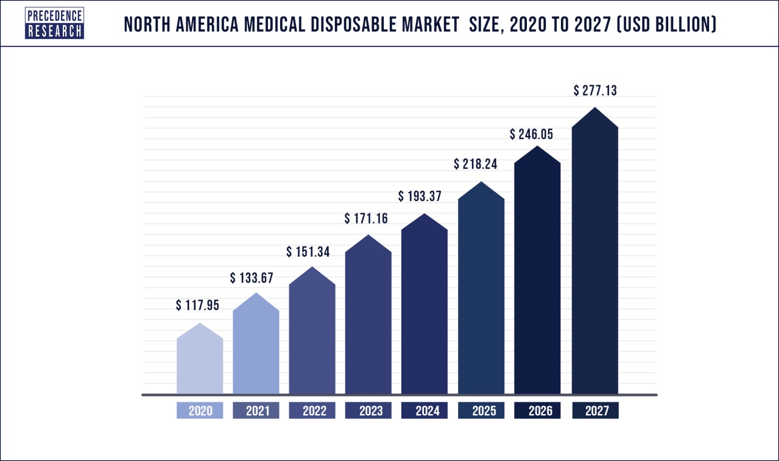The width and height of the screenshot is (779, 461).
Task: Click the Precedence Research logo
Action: pos(54,24)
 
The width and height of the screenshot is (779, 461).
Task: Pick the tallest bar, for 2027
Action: pos(595,256)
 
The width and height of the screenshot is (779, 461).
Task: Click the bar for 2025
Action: pos(481,292)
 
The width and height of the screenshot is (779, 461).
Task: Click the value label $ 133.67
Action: pos(252,278)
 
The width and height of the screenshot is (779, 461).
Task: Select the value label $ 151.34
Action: pos(308,252)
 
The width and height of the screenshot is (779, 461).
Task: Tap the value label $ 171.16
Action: pos(366,218)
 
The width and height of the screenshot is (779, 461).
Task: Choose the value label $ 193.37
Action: pos(420,196)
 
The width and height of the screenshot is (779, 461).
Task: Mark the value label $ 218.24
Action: pos(476,164)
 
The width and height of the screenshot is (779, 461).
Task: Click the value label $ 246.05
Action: pos(531,135)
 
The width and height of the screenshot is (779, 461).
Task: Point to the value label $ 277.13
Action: pos(595,91)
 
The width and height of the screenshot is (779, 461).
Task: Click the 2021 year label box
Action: pos(256,411)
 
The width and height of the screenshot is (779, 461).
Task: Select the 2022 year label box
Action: pos(312,411)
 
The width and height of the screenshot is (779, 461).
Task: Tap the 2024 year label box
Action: pos(425,411)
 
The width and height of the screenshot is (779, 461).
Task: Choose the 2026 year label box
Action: pos(537,411)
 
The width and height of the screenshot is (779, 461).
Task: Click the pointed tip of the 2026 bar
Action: pos(537,146)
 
